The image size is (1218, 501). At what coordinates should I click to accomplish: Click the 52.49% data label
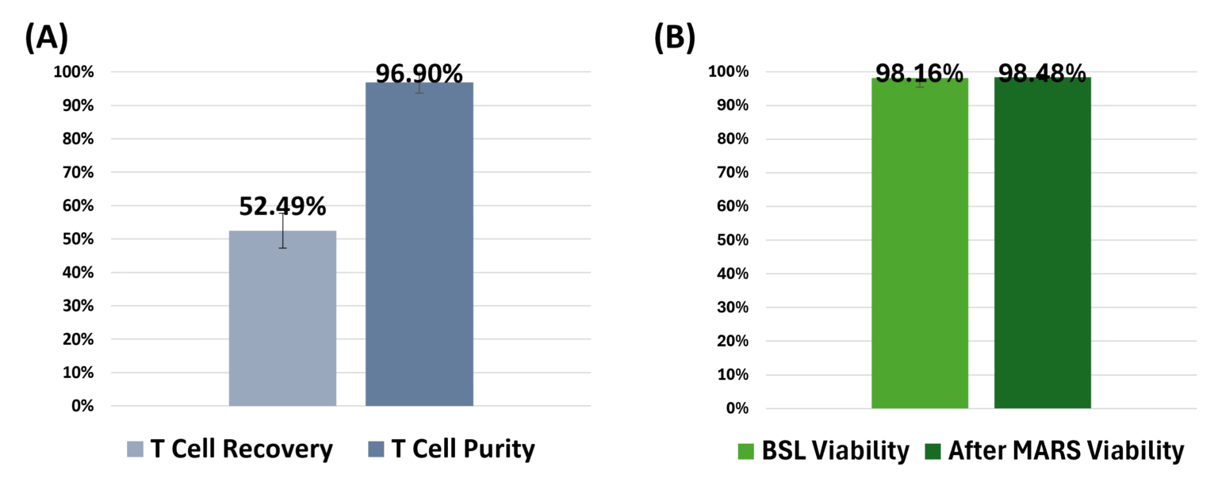282,207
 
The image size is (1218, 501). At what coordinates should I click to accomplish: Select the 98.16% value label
919,74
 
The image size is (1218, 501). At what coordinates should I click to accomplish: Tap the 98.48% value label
1042,74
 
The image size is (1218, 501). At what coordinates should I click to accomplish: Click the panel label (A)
47,37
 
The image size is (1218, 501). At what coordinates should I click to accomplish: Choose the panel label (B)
675,37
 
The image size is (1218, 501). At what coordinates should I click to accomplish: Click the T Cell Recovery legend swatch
136,450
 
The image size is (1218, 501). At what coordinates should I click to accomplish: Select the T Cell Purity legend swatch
377,450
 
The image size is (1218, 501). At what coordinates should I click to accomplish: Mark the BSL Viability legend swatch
746,452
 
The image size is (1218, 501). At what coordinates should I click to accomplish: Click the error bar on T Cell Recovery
282,230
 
